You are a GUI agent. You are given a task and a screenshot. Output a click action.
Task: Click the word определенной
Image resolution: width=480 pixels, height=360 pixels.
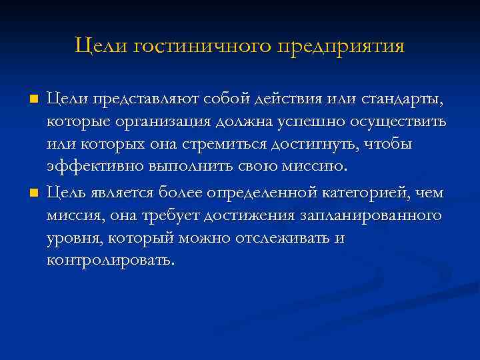pyautogui.click(x=269, y=193)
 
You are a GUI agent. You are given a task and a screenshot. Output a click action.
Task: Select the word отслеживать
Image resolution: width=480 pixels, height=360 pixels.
pyautogui.click(x=280, y=239)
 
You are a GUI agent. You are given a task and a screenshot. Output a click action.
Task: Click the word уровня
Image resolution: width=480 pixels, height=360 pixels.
pyautogui.click(x=75, y=239)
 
